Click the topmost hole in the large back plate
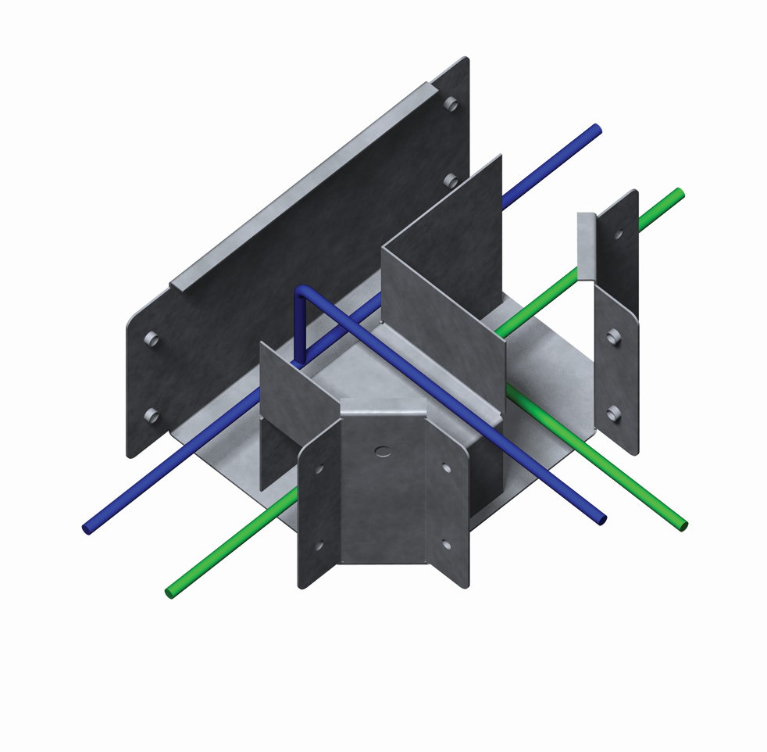(x=450, y=104)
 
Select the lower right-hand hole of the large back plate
(x=451, y=181)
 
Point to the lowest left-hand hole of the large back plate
(x=152, y=415)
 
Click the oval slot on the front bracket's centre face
(x=382, y=451)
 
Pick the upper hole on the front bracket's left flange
(x=319, y=470)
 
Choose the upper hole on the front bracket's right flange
(x=446, y=468)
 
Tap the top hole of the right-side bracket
(x=618, y=234)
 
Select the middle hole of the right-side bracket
(x=614, y=337)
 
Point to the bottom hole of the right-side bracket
(x=614, y=413)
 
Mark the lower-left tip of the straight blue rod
(x=87, y=528)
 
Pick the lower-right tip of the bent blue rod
(x=601, y=519)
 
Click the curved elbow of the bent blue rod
(x=301, y=292)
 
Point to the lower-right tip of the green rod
(x=683, y=525)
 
